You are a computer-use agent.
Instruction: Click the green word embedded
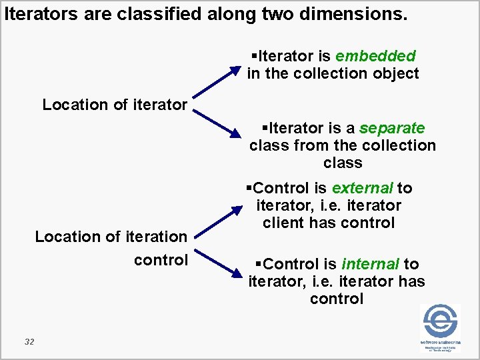click(375, 56)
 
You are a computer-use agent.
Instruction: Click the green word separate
click(392, 127)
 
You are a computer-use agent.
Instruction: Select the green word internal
click(370, 265)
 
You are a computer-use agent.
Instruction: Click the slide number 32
click(29, 342)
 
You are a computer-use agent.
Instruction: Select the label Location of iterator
click(115, 105)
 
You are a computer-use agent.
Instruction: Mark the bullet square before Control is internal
click(251, 265)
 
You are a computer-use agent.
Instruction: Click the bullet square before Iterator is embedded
click(253, 56)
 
